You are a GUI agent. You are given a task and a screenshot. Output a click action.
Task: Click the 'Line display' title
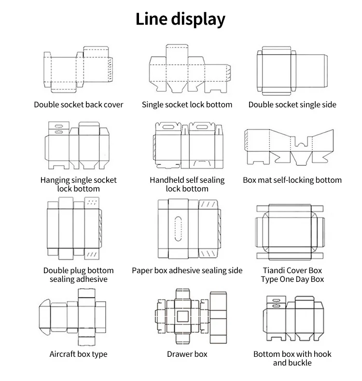click(181, 19)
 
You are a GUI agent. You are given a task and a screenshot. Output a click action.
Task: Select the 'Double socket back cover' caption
click(78, 104)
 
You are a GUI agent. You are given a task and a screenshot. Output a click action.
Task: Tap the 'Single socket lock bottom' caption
click(187, 104)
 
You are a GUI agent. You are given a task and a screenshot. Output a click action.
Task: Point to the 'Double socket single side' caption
click(292, 104)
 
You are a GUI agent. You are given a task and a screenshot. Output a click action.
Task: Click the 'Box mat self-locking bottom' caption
click(292, 180)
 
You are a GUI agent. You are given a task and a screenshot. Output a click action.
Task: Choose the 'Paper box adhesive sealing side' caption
click(187, 270)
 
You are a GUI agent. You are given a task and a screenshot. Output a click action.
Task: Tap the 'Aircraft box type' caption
click(78, 354)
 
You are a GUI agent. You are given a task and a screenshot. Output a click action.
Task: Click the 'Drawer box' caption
click(187, 354)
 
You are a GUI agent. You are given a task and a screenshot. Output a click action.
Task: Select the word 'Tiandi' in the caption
click(275, 270)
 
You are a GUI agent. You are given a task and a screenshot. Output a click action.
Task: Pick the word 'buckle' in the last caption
click(299, 363)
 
